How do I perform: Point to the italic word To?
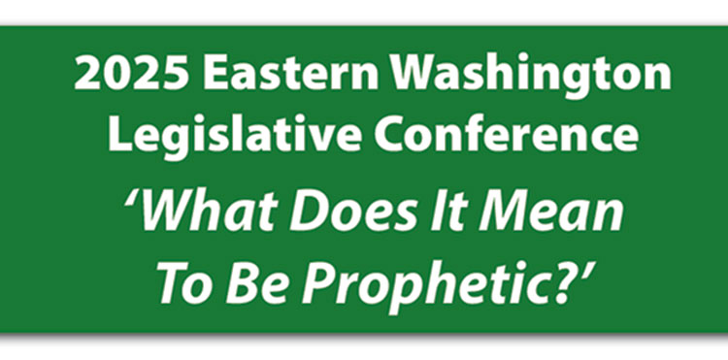(179, 281)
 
